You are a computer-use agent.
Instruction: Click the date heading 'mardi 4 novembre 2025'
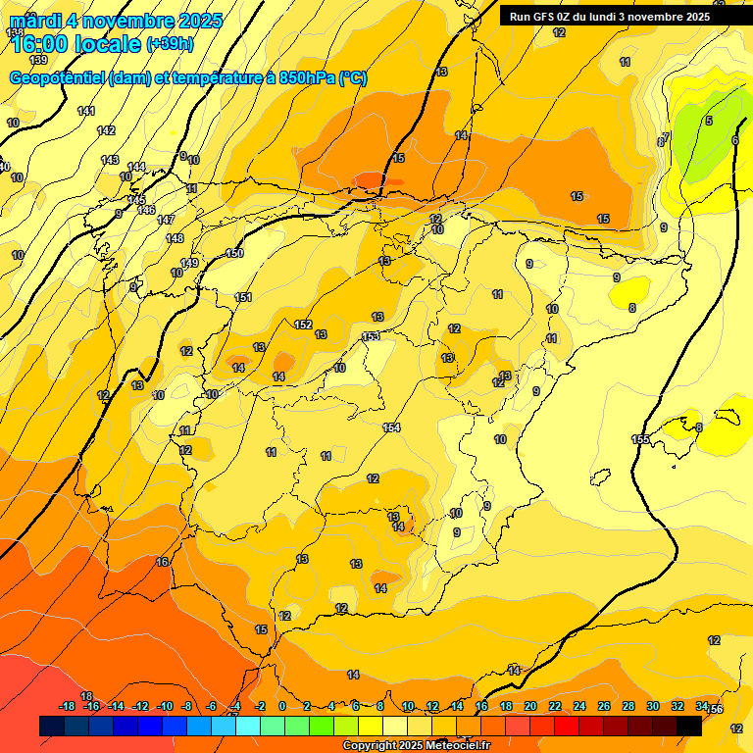tap(116, 21)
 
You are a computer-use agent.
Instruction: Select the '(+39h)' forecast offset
tap(170, 44)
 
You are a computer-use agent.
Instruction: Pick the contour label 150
tap(234, 254)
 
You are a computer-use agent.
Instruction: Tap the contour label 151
tap(244, 298)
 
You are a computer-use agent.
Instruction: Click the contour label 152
tap(303, 325)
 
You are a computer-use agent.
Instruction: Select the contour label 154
tap(391, 427)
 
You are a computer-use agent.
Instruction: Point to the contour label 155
tap(640, 439)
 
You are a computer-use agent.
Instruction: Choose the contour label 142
tap(107, 130)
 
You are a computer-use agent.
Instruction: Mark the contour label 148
tap(175, 238)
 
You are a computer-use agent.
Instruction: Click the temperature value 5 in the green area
tap(708, 121)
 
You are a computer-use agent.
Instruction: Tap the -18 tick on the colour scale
tap(68, 707)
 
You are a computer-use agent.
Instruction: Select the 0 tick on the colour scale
tap(282, 707)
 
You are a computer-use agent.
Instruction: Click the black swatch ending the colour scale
tap(688, 726)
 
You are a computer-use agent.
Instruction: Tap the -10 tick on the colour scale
tap(165, 707)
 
